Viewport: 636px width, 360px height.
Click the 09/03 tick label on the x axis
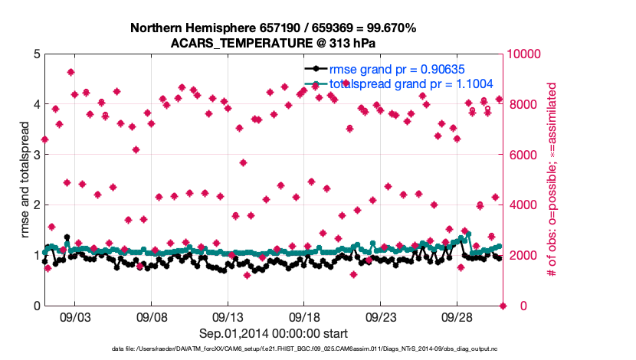pyautogui.click(x=75, y=316)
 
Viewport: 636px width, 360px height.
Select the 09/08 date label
pyautogui.click(x=152, y=316)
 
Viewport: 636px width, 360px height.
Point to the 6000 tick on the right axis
pyautogui.click(x=523, y=155)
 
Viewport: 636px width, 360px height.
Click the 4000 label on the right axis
pyautogui.click(x=523, y=205)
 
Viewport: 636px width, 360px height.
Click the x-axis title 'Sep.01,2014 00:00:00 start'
pyautogui.click(x=274, y=333)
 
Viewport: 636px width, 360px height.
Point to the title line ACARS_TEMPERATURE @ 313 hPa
pyautogui.click(x=274, y=44)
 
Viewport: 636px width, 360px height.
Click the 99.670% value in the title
pyautogui.click(x=388, y=28)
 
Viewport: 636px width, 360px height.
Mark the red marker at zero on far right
pyautogui.click(x=503, y=306)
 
